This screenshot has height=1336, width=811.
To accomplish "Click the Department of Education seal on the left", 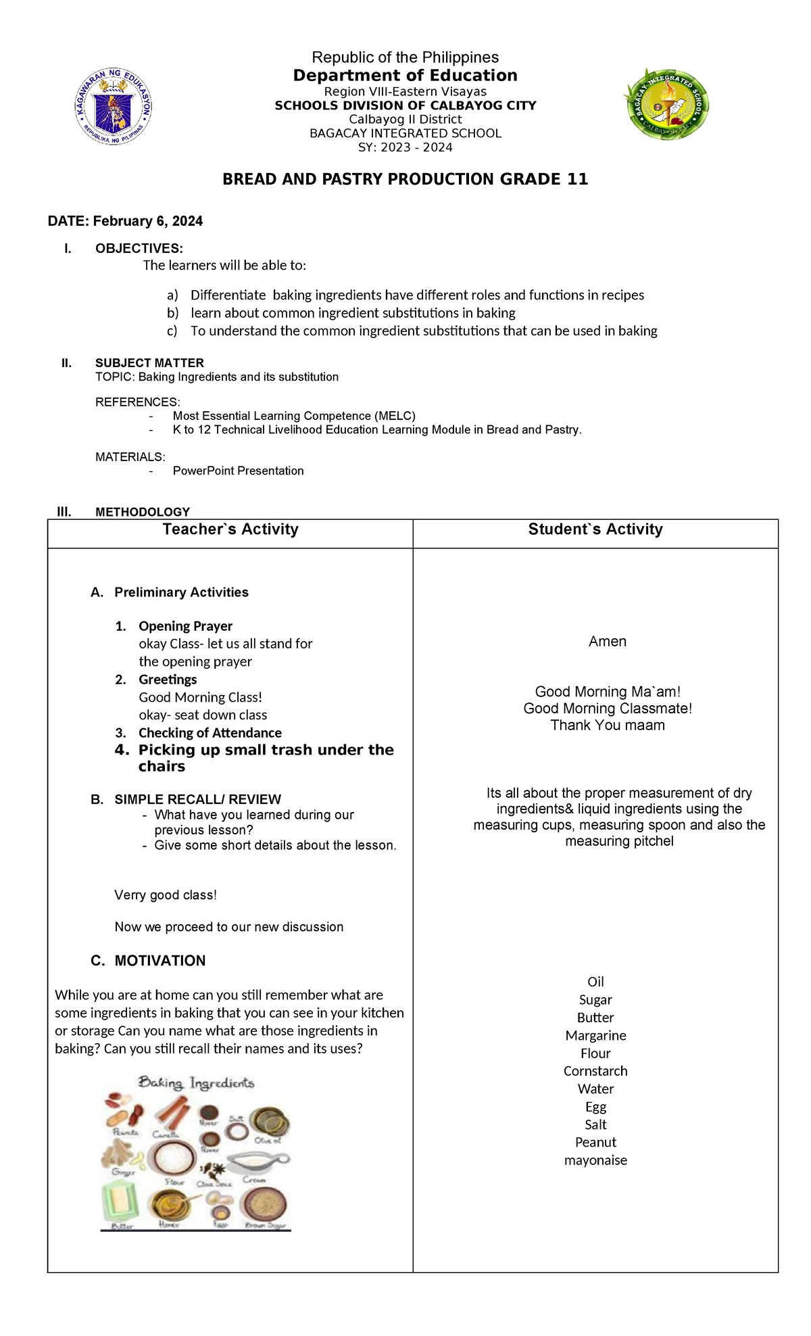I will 113,106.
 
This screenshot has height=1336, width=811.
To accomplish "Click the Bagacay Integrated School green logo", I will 666,103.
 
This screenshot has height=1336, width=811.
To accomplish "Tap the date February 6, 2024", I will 125,221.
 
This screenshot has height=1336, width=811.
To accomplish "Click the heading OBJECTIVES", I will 139,248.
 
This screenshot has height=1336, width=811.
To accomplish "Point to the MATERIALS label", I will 130,457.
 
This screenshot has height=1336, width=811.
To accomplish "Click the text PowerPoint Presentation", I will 238,471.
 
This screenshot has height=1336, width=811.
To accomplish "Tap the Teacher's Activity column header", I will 230,529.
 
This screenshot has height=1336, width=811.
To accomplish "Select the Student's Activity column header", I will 595,529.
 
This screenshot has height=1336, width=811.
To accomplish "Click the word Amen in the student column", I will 607,641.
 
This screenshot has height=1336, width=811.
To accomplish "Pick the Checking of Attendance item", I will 210,733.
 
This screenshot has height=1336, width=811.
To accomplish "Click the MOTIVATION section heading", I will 159,961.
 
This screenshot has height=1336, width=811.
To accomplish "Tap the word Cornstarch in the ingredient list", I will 595,1071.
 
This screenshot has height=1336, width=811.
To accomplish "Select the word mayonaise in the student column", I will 595,1160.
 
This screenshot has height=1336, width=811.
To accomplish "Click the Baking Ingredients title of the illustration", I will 196,1082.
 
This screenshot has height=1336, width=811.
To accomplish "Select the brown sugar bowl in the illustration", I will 265,1205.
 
